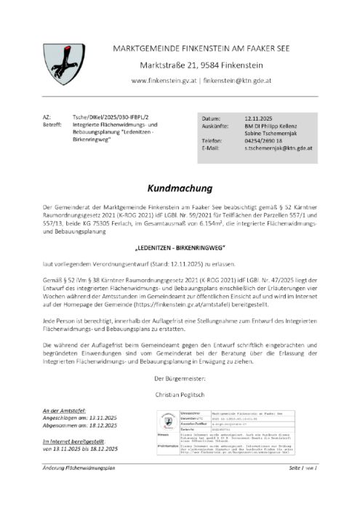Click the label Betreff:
point(52,124)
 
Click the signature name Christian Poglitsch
point(180,393)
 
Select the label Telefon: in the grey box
point(212,140)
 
